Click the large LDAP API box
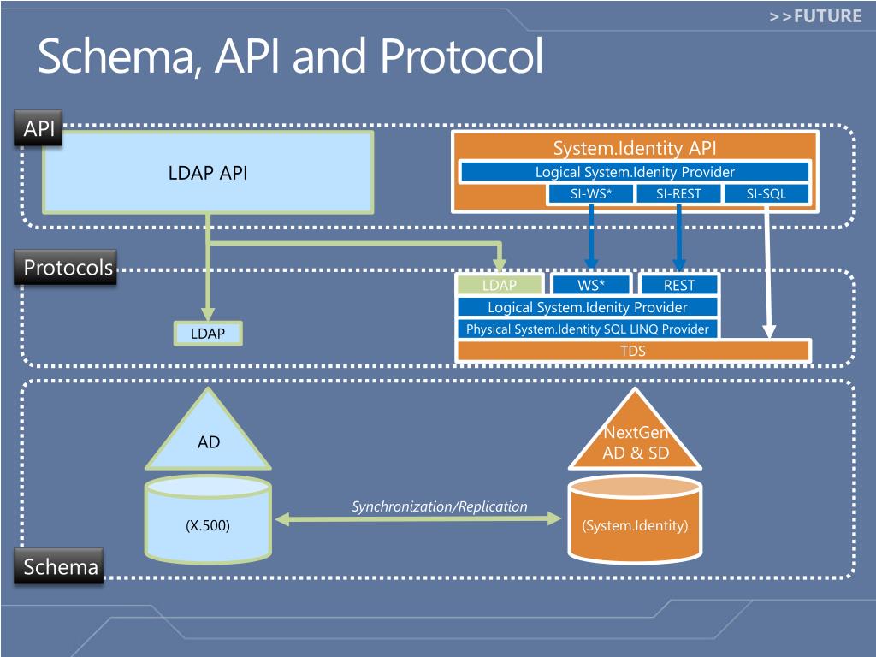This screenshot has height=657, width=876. (208, 173)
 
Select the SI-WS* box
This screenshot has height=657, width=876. (591, 194)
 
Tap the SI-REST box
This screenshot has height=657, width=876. (678, 194)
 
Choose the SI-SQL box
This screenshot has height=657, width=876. (766, 194)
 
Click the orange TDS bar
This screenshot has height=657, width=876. (633, 351)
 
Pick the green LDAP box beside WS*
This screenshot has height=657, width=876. (500, 285)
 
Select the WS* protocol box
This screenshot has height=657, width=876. (590, 285)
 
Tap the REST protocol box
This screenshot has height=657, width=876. (679, 285)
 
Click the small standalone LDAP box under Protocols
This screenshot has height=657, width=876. (208, 334)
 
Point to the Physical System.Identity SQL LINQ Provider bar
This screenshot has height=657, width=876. (587, 328)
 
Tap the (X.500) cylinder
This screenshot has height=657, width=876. (208, 524)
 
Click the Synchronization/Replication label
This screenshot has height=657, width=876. (440, 506)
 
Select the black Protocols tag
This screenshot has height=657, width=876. (68, 268)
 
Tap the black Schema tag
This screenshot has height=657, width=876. (60, 566)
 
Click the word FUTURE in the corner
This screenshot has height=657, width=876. (826, 15)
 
